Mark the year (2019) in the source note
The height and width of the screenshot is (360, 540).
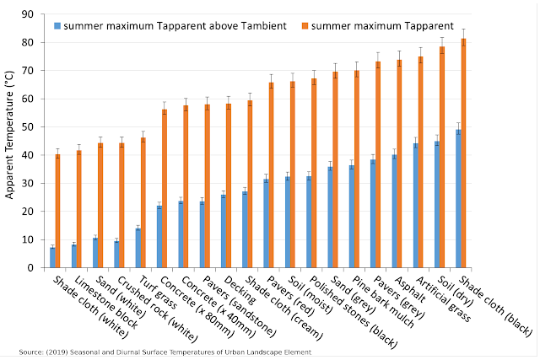[x=55, y=351]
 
